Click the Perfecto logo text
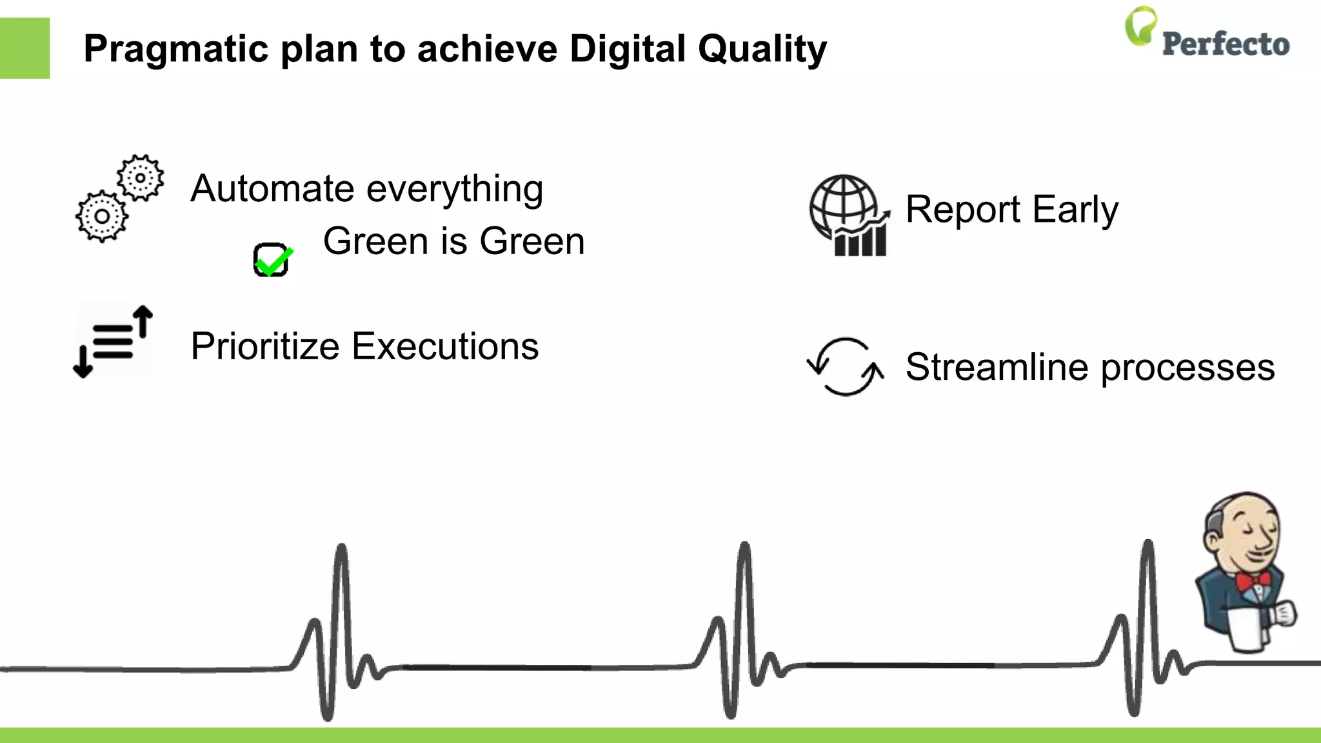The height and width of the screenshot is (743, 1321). [x=1226, y=44]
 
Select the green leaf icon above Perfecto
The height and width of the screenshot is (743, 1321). [x=1140, y=26]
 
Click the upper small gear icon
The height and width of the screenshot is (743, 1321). [x=140, y=177]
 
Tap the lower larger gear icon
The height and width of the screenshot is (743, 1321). [x=102, y=216]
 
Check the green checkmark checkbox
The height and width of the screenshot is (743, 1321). [x=272, y=259]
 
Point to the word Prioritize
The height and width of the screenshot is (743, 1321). [x=264, y=346]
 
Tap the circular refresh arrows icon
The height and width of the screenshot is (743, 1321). [x=845, y=366]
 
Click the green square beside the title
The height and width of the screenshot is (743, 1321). [x=25, y=48]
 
